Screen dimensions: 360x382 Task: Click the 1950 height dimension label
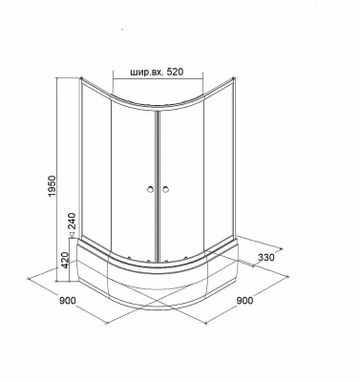click(52, 186)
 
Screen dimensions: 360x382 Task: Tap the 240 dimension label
click(73, 221)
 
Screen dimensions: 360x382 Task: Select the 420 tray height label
click(65, 260)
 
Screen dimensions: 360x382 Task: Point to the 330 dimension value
click(265, 257)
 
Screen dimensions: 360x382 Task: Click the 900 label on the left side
click(68, 300)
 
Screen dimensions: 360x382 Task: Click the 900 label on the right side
click(244, 300)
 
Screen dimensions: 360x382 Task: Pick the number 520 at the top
click(175, 72)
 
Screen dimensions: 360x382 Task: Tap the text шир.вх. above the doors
click(147, 73)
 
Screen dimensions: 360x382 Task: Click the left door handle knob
click(150, 190)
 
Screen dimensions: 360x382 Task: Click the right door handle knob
click(165, 190)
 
